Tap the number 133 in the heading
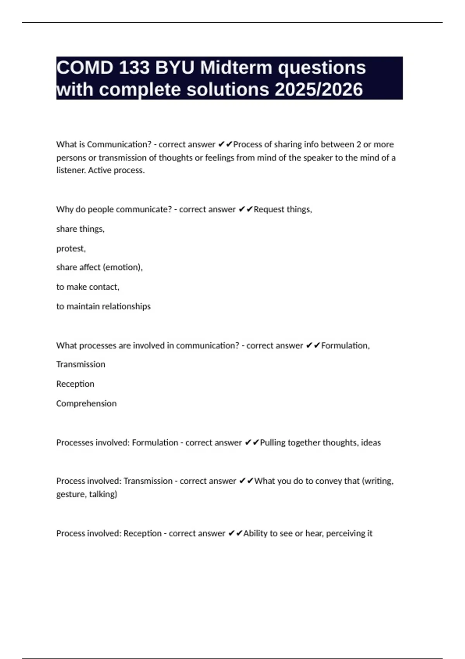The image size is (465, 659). coord(134,68)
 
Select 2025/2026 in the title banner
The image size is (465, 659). coord(319,90)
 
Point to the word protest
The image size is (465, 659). coord(71,248)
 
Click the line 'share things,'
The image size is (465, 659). coord(80,229)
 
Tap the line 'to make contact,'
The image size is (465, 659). coord(88,287)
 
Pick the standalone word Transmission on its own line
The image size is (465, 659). coord(81,364)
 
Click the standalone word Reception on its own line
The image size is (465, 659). coord(75,384)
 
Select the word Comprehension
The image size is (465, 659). coord(86,404)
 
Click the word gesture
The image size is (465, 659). coord(71,494)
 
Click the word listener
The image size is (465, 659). coord(71,170)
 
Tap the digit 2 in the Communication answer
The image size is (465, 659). coord(358,144)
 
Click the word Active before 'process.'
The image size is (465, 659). coord(100,170)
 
